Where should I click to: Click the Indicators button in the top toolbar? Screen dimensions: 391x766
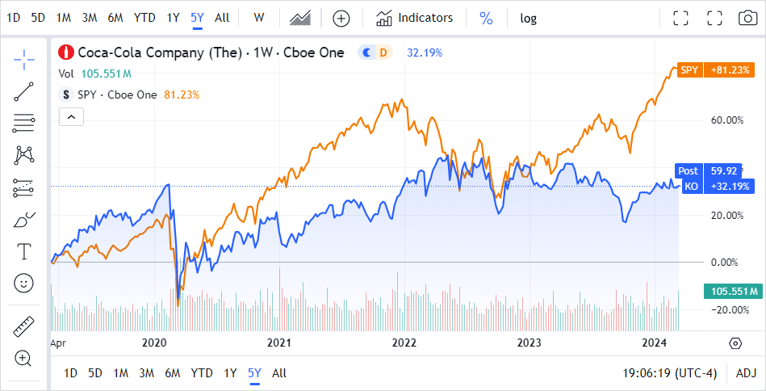pos(416,18)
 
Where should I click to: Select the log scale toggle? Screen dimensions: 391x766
pos(528,18)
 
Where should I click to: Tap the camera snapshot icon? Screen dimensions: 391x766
pos(747,18)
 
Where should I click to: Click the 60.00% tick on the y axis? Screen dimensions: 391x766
pos(726,120)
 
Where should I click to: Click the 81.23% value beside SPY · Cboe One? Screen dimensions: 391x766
pos(182,95)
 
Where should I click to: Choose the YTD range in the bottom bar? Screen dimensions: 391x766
pos(202,373)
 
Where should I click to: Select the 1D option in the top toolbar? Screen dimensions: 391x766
pos(13,18)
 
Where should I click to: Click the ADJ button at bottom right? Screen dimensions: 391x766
pos(747,373)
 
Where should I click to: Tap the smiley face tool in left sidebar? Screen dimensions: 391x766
pos(24,283)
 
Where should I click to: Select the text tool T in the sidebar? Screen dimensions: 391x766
pos(24,251)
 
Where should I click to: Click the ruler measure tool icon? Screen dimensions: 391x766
pos(24,327)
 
